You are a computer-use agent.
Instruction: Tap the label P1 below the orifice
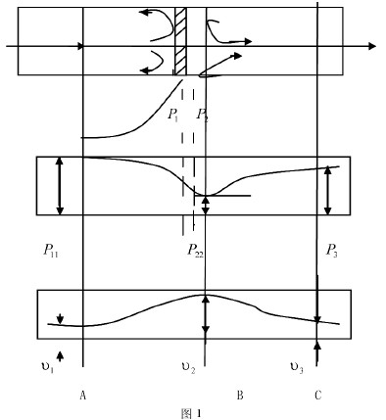(x=173, y=116)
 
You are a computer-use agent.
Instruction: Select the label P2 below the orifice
(x=201, y=116)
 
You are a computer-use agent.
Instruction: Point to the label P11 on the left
(x=50, y=252)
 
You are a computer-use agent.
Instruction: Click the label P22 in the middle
(x=196, y=252)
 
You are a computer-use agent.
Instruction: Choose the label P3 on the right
(x=331, y=252)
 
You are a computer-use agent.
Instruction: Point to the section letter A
(x=83, y=396)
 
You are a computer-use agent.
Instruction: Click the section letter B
(x=239, y=395)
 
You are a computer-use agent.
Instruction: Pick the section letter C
(x=317, y=395)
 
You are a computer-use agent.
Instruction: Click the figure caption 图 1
(x=193, y=413)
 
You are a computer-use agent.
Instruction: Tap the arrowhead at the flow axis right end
(x=371, y=46)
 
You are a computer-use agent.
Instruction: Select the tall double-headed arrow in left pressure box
(x=60, y=185)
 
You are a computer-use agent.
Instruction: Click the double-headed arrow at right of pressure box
(x=328, y=190)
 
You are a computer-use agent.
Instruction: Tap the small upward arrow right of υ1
(x=60, y=356)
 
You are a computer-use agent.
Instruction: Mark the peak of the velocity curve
(x=205, y=296)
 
